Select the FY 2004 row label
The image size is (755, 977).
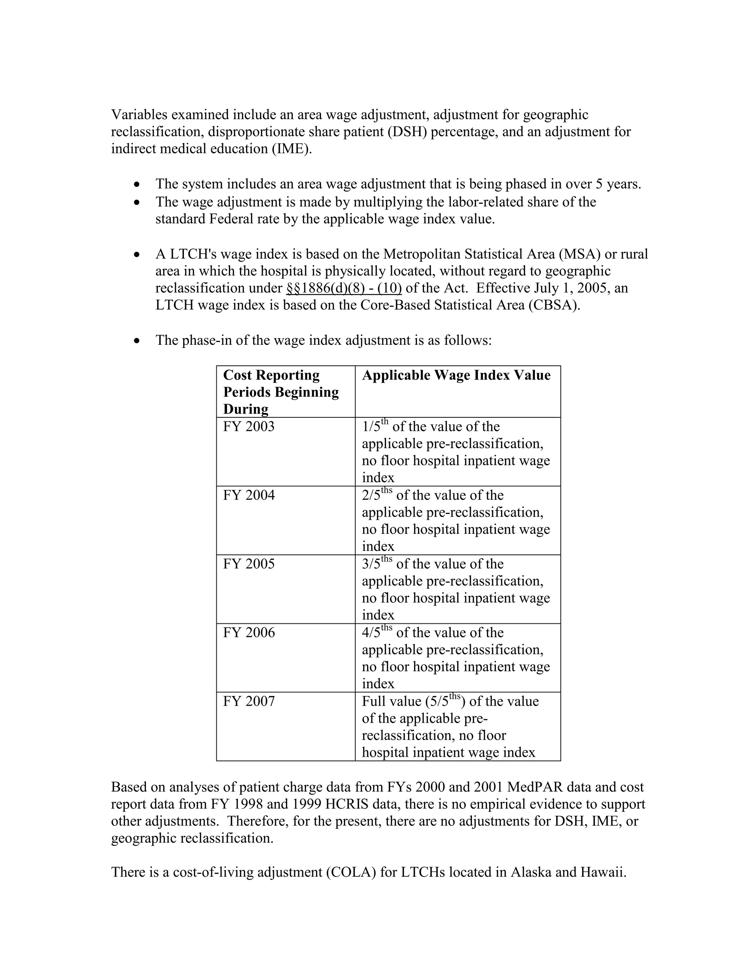(x=249, y=496)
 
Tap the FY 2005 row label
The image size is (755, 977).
(x=249, y=564)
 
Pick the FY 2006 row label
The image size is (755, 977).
(x=249, y=633)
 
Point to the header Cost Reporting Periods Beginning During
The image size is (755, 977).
(x=281, y=392)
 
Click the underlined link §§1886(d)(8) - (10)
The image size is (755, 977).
(x=344, y=288)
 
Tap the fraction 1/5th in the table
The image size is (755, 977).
(x=375, y=426)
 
